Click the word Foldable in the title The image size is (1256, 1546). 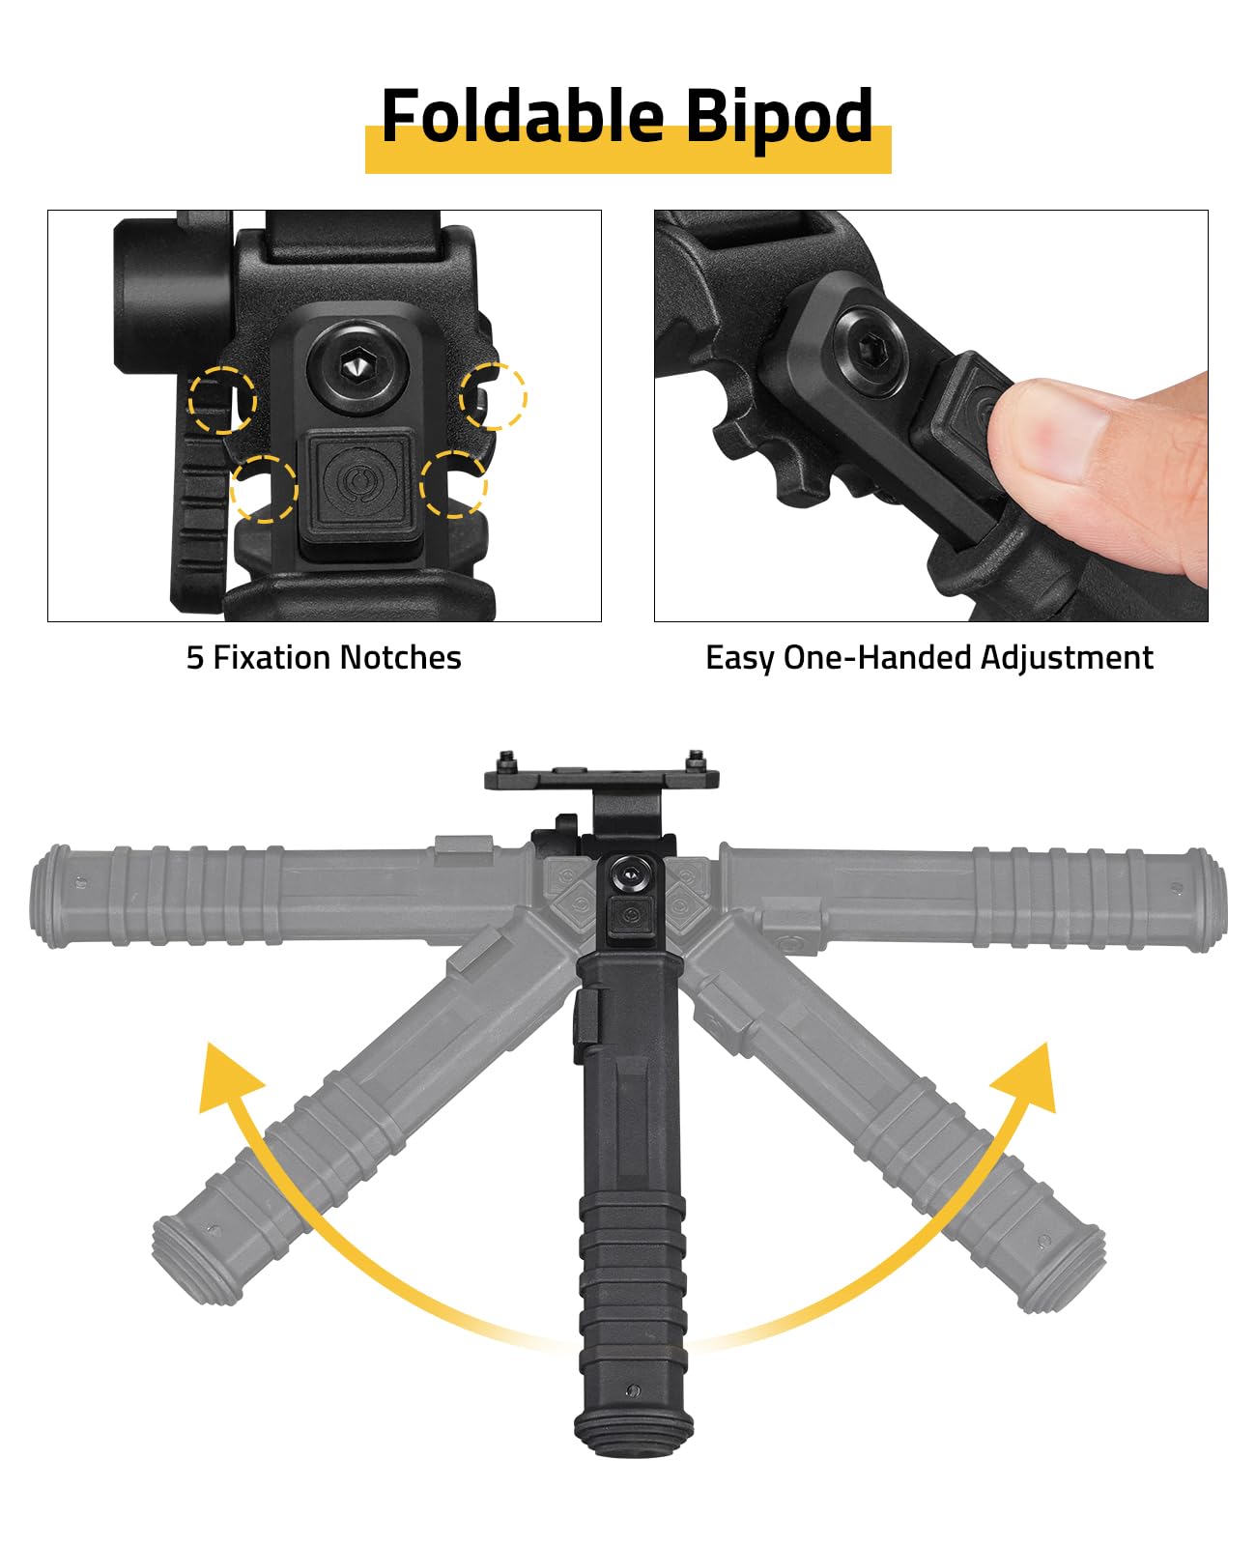click(x=523, y=116)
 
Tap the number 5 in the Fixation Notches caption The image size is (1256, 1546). click(x=194, y=658)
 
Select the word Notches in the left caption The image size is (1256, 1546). click(x=401, y=658)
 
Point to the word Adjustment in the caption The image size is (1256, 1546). click(x=1067, y=659)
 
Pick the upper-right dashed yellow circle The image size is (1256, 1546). click(x=494, y=396)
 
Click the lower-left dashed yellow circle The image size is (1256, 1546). click(x=264, y=489)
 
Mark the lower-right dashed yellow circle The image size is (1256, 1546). click(x=453, y=484)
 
